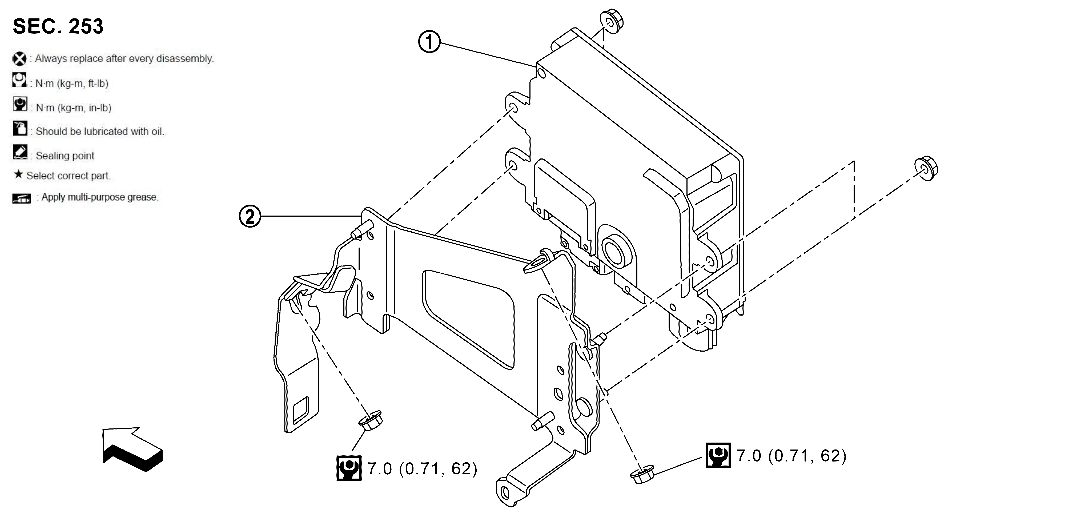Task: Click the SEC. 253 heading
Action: pyautogui.click(x=58, y=26)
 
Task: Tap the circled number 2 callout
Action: pyautogui.click(x=250, y=216)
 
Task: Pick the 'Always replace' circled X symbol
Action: pyautogui.click(x=19, y=59)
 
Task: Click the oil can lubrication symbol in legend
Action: pyautogui.click(x=20, y=128)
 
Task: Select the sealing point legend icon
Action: pyautogui.click(x=20, y=152)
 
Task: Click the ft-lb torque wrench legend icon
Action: pyautogui.click(x=19, y=80)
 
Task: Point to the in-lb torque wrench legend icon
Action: pyautogui.click(x=20, y=104)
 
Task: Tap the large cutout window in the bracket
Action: pyautogui.click(x=468, y=318)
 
